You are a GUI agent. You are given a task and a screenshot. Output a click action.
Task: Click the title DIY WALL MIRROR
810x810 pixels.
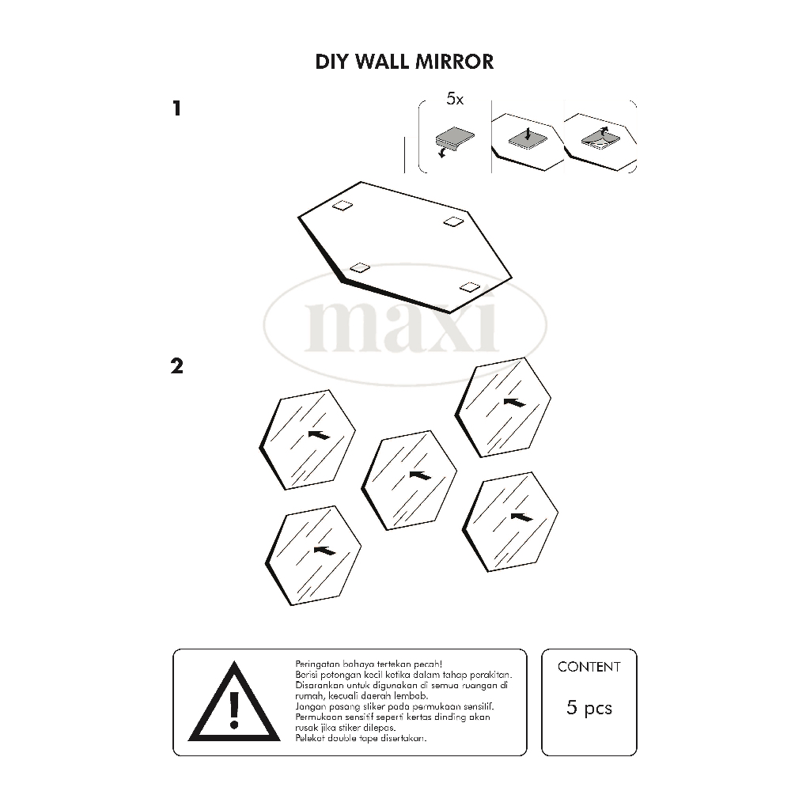pos(404,62)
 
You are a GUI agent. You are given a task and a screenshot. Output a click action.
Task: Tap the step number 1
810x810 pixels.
pos(177,108)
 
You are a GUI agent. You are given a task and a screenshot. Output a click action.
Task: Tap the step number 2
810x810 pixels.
pos(176,366)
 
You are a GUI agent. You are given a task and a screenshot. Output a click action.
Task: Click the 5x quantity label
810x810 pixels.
pos(455,99)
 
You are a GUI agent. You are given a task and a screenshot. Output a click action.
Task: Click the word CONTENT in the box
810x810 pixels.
pos(589,667)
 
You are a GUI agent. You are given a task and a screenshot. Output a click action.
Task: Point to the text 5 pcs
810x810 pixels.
pos(589,707)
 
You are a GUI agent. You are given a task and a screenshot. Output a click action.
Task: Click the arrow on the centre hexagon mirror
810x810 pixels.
pos(420,475)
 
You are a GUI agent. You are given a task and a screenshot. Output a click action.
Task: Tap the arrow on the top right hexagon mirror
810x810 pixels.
pos(514,402)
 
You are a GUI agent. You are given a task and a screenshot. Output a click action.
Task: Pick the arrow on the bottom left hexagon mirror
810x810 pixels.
pos(324,551)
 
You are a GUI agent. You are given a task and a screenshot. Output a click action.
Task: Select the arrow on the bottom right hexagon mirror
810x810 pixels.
pos(521,517)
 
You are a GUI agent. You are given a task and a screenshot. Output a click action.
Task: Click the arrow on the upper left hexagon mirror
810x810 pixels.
pos(320,435)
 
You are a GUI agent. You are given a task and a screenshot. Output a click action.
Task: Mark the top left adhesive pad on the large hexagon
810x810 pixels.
pos(343,206)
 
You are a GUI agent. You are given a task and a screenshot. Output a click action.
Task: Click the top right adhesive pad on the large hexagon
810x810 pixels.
pos(454,221)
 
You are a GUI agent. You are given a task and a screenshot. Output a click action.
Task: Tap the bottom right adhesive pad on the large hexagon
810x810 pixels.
pos(470,287)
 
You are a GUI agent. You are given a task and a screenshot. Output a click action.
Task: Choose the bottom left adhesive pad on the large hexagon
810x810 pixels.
pos(360,267)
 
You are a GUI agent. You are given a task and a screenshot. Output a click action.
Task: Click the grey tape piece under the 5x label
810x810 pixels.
pos(455,138)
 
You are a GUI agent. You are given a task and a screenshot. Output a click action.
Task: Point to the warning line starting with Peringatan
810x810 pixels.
pos(369,664)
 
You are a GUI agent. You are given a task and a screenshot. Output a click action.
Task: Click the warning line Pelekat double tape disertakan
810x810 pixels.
pos(361,738)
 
